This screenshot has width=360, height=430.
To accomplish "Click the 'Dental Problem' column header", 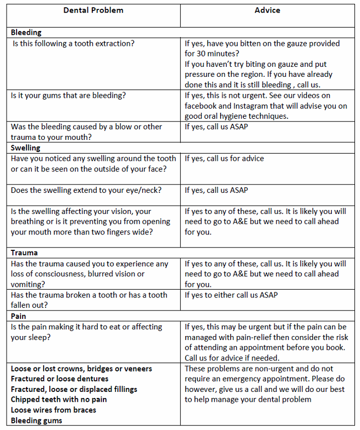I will pyautogui.click(x=93, y=11).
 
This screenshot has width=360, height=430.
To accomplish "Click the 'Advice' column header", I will pyautogui.click(x=267, y=11).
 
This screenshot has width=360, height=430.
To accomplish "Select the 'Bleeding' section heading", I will pyautogui.click(x=26, y=33).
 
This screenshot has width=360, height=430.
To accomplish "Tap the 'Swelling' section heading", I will pyautogui.click(x=25, y=148).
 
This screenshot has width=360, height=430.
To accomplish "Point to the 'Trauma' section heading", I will pyautogui.click(x=24, y=253).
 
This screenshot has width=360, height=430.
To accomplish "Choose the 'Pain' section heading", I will pyautogui.click(x=18, y=316).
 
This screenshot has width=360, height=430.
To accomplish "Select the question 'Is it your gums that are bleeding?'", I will pyautogui.click(x=68, y=95).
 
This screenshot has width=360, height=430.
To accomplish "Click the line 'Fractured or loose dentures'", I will pyautogui.click(x=60, y=379).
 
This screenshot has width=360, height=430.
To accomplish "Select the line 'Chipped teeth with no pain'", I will pyautogui.click(x=59, y=400).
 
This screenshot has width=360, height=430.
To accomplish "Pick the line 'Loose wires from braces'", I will pyautogui.click(x=54, y=410).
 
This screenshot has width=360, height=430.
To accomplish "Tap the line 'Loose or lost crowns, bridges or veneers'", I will pyautogui.click(x=81, y=368).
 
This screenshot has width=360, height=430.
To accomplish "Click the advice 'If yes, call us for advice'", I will pyautogui.click(x=224, y=159).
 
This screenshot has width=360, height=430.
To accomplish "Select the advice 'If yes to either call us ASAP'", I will pyautogui.click(x=231, y=295).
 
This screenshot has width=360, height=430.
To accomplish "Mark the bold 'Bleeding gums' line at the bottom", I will pyautogui.click(x=36, y=421).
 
